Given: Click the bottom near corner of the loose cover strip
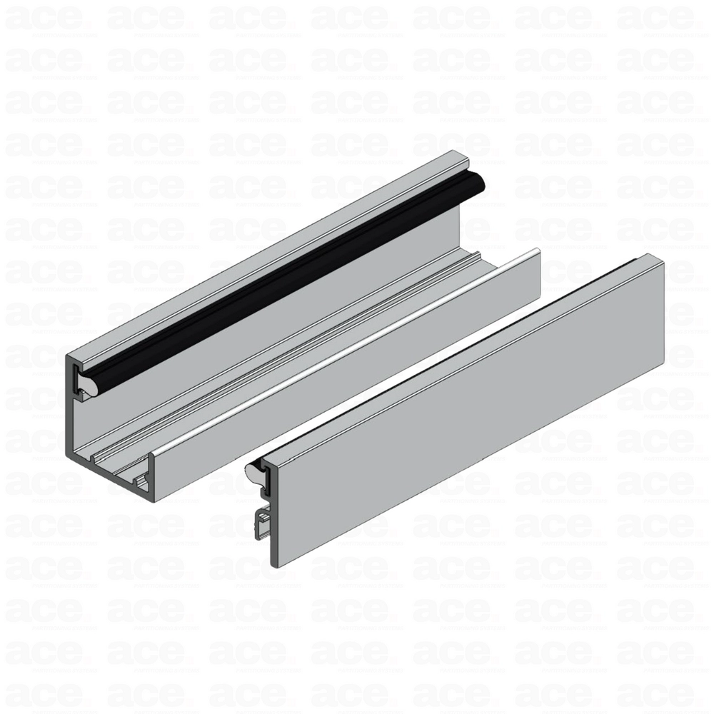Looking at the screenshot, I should (x=278, y=565).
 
